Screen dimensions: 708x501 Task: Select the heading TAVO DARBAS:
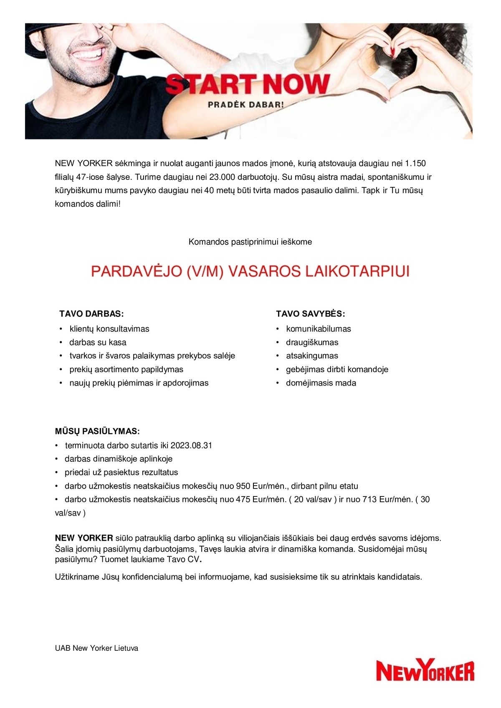click(x=92, y=314)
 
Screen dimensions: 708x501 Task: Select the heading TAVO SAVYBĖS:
click(x=310, y=314)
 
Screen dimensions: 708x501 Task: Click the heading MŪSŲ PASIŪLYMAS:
click(x=97, y=431)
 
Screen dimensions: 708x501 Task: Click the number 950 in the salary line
click(x=243, y=486)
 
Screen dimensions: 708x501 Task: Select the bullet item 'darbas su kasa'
click(x=98, y=342)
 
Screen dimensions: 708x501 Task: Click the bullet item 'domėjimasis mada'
click(x=321, y=383)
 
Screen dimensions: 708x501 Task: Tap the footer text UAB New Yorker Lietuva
click(x=96, y=648)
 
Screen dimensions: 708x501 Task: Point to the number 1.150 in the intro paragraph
click(x=415, y=163)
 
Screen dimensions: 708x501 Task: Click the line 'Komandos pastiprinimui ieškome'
click(x=250, y=242)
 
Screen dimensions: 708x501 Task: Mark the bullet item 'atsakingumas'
click(x=312, y=355)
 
